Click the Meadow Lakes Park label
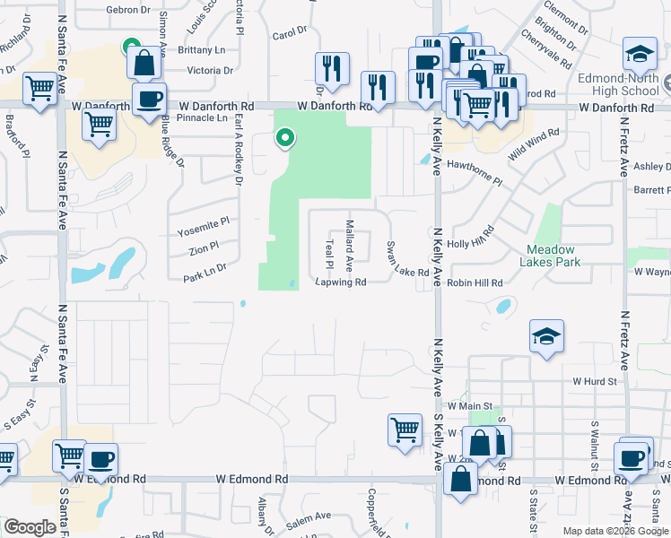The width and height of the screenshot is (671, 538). click(550, 256)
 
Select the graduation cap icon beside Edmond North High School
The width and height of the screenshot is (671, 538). click(640, 56)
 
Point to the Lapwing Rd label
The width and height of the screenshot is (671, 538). click(341, 282)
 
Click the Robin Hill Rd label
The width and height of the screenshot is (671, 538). click(475, 282)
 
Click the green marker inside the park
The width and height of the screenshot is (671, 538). click(285, 138)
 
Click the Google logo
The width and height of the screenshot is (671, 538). click(30, 527)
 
